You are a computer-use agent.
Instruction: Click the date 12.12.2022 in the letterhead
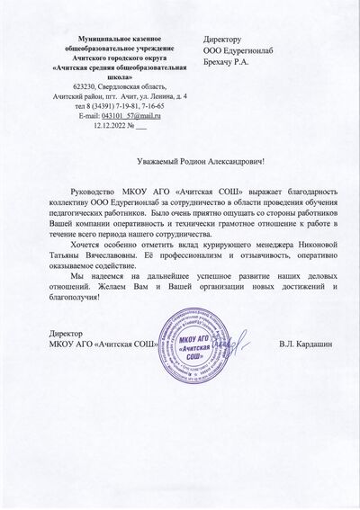[x=111, y=126]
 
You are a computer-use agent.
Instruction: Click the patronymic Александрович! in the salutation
[x=247, y=160]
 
